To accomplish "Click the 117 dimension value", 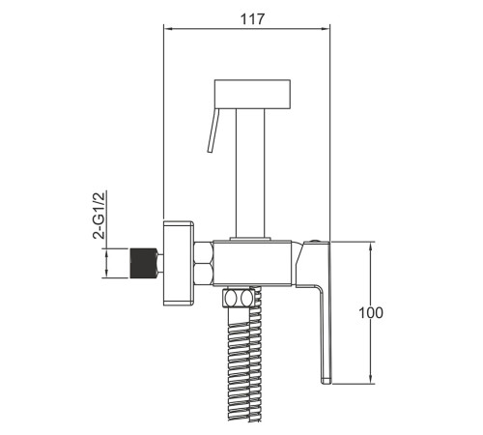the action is [x=252, y=19].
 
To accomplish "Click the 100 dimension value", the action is [x=371, y=313].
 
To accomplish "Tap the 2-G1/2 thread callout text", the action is [x=99, y=215].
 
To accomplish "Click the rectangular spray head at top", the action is [x=252, y=94].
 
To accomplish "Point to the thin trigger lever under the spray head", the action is [x=213, y=130].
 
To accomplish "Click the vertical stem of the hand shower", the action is [x=250, y=173].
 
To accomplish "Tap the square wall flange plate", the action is [x=178, y=263].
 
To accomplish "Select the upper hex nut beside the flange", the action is [x=204, y=252].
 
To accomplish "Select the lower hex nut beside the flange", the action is [x=204, y=275].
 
